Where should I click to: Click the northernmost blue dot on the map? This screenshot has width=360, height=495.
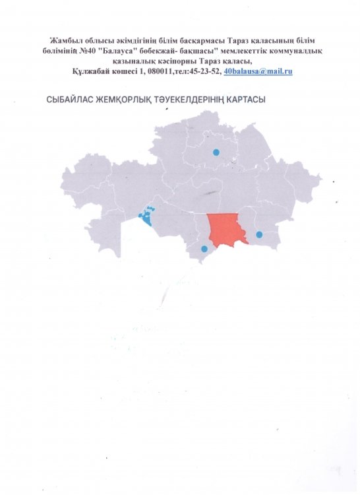pos(216,152)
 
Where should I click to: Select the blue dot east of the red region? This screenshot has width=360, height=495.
pos(259,234)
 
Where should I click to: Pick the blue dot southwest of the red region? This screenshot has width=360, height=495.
pos(204,249)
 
